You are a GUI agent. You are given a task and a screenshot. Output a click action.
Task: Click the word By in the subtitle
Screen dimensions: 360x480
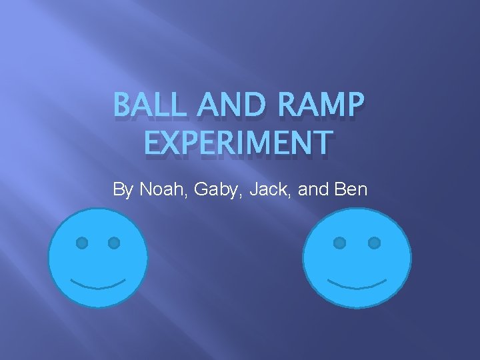(124, 190)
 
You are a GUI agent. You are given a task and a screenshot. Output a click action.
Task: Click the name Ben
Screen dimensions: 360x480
(351, 189)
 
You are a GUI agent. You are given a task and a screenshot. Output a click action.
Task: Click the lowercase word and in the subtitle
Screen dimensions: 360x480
(313, 189)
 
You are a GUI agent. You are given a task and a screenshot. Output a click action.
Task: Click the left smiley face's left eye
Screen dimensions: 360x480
(81, 243)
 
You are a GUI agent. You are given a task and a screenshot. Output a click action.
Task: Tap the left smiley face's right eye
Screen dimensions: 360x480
(114, 243)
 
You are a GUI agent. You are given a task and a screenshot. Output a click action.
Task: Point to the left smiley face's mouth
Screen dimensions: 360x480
(98, 285)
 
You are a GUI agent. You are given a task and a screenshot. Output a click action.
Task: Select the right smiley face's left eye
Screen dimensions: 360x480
(340, 242)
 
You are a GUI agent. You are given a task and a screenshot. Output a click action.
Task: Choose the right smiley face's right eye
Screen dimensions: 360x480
(374, 242)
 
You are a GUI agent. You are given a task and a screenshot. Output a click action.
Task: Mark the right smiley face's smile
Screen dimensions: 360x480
(357, 285)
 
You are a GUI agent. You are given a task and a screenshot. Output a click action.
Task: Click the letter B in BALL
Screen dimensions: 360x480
(122, 105)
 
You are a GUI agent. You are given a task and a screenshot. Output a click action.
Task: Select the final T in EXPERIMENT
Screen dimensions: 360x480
(321, 143)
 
